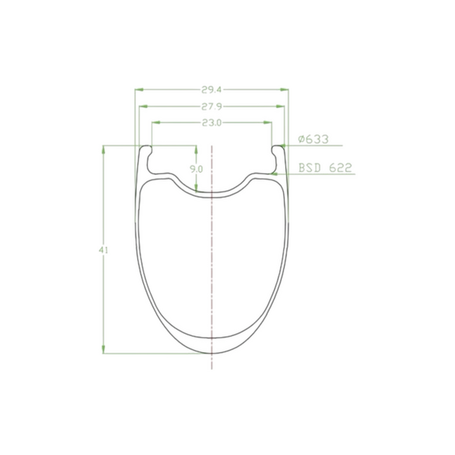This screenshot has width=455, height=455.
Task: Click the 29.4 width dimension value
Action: click(x=212, y=90)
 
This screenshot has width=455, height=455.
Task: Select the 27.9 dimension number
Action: click(x=212, y=107)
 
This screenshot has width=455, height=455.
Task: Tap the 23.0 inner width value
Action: click(x=212, y=123)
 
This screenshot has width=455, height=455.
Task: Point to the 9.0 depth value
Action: click(x=196, y=169)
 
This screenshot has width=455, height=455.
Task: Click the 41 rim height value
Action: click(x=103, y=250)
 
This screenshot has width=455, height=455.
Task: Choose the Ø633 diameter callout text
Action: click(x=313, y=139)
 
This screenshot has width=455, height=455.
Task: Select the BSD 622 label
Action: click(x=325, y=167)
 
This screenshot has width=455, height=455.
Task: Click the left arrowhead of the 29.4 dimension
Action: click(x=139, y=90)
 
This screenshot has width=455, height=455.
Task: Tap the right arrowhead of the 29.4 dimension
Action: click(x=284, y=90)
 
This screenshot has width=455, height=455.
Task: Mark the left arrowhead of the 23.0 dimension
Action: click(x=156, y=123)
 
